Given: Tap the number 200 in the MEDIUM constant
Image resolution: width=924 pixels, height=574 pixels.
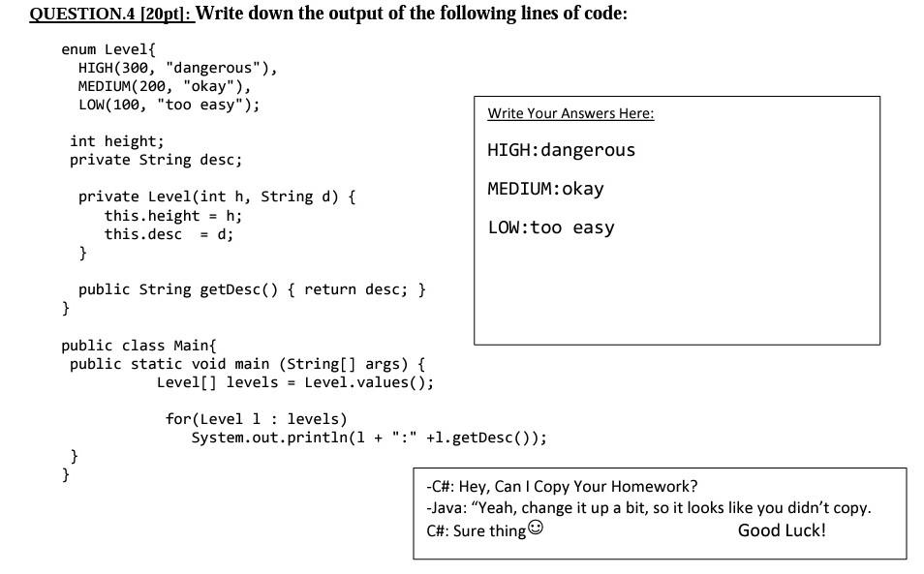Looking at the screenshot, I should tap(156, 87).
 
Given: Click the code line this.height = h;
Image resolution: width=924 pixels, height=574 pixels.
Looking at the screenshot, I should tap(173, 216).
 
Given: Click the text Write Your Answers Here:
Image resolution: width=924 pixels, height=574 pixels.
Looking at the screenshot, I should tap(570, 114).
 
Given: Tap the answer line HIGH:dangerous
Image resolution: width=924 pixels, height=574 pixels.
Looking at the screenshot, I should tap(562, 150).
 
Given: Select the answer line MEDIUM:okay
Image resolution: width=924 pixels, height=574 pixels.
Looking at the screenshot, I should tap(545, 189).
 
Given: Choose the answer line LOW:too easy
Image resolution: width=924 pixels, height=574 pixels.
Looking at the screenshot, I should tap(551, 228).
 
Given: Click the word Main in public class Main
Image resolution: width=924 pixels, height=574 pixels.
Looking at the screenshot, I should tap(195, 346).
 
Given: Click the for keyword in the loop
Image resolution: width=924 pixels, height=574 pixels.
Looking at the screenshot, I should tap(177, 419).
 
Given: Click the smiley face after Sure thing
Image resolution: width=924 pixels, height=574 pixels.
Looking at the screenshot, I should tap(536, 529).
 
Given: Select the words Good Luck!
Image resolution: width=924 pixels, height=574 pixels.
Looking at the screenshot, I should tap(782, 530).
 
